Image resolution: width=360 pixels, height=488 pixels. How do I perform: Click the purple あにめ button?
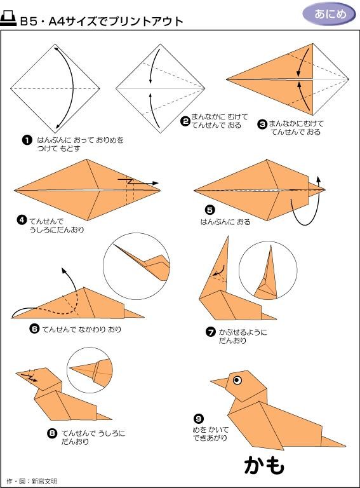click(x=330, y=14)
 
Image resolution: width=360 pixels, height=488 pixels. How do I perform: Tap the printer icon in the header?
click(x=8, y=18)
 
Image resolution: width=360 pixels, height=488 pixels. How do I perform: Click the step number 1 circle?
click(x=27, y=140)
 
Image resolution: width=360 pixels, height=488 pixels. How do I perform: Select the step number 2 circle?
click(x=185, y=121)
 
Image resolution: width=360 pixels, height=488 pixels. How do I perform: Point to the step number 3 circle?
click(x=262, y=125)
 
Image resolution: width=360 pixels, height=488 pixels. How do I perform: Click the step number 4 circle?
click(x=22, y=220)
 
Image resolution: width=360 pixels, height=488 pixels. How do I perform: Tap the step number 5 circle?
click(x=210, y=210)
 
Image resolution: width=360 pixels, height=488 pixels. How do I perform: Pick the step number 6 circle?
click(x=34, y=329)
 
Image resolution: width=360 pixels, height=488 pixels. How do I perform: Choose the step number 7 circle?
click(x=211, y=332)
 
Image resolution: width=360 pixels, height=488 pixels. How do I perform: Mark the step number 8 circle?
click(x=52, y=433)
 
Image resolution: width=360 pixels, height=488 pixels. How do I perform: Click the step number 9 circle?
click(x=198, y=419)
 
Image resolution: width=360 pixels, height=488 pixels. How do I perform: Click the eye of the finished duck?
click(x=237, y=380)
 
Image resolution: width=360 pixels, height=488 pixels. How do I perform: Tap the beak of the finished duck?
click(x=219, y=383)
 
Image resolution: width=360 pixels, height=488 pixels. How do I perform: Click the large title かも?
click(x=264, y=466)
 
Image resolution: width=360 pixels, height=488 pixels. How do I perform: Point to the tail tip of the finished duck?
click(x=345, y=446)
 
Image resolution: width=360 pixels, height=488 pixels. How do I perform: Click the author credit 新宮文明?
click(x=44, y=481)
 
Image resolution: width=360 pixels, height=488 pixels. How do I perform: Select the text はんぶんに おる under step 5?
click(x=225, y=222)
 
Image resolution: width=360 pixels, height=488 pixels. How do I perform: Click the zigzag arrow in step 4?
click(x=138, y=182)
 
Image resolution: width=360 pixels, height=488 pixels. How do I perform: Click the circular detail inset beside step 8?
click(x=90, y=370)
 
